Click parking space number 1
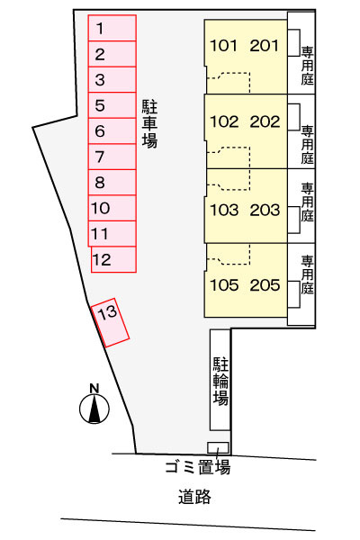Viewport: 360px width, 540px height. point(112,28)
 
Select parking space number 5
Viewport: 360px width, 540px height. point(112,105)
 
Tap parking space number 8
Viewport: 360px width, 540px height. point(112,183)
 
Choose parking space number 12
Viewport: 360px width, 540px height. point(113,259)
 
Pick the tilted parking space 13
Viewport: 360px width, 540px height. point(110,322)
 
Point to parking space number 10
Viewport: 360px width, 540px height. point(112,208)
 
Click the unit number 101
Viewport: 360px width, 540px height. point(223,46)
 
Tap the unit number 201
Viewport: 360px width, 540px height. point(265,46)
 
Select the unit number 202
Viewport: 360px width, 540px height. point(265,121)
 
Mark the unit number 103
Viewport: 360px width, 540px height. point(224,210)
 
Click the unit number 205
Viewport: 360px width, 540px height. point(265,285)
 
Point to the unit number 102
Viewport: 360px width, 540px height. point(224,121)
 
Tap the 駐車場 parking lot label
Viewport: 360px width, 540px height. point(150,124)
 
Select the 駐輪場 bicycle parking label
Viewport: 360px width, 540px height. point(220,381)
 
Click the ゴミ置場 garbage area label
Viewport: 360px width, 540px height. point(197,467)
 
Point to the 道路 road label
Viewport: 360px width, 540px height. point(194,497)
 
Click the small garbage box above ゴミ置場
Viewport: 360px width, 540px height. point(218,447)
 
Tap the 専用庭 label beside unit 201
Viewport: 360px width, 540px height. point(308,66)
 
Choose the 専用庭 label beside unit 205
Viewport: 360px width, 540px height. point(308,274)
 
